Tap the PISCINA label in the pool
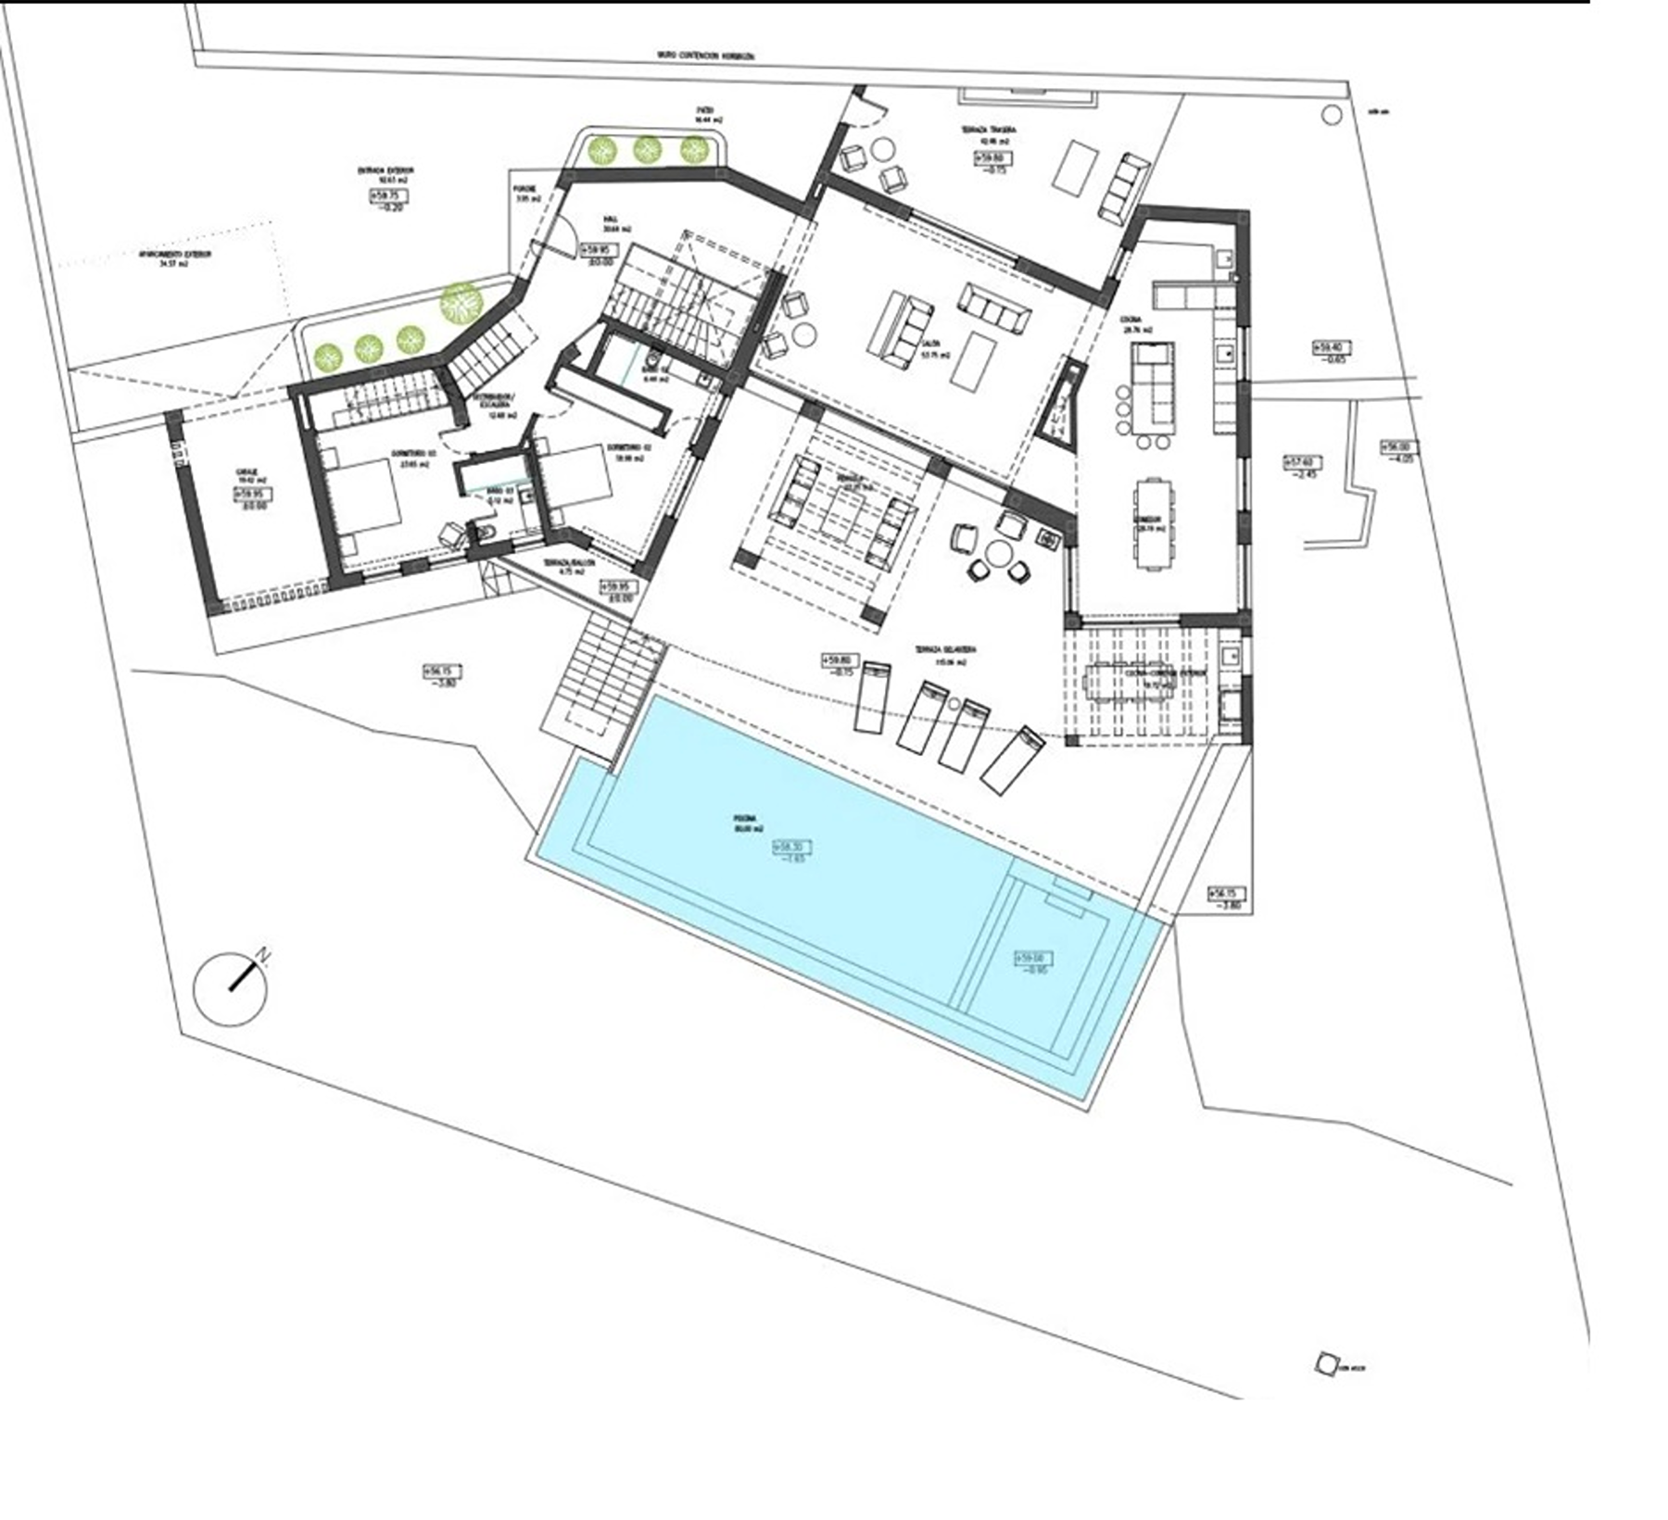tap(744, 819)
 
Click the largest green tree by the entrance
tap(461, 302)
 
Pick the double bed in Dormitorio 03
tap(361, 501)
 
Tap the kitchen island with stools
tap(1154, 389)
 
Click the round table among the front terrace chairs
tap(999, 555)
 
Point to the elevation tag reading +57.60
tap(1300, 461)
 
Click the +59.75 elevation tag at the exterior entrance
tap(388, 195)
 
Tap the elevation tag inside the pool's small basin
tap(1034, 958)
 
